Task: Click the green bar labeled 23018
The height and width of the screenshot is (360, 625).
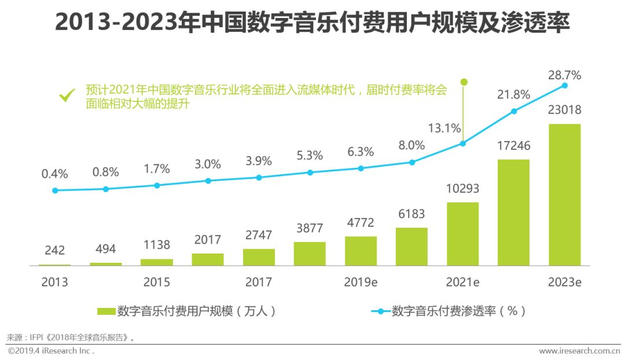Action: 564,194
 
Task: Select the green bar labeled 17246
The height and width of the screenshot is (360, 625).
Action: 513,212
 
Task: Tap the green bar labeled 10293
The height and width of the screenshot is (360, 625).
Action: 462,234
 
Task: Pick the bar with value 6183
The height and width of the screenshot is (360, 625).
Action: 411,247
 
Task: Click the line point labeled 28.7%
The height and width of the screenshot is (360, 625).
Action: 565,86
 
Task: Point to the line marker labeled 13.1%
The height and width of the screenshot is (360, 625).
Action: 462,144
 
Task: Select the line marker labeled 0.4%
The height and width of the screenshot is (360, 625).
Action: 55,190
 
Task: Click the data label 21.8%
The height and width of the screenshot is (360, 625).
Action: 513,94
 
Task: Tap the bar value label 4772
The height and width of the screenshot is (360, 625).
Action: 360,223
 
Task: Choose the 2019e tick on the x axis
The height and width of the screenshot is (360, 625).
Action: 361,282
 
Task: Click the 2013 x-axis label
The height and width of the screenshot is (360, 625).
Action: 55,282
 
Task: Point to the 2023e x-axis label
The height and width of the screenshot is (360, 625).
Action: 564,282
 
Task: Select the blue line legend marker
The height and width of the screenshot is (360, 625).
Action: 380,311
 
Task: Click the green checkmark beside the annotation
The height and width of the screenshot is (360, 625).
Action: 68,94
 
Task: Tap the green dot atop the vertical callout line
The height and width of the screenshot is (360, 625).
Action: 463,82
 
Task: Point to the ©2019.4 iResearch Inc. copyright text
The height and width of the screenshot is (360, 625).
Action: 51,351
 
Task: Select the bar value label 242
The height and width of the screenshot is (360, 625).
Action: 55,251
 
